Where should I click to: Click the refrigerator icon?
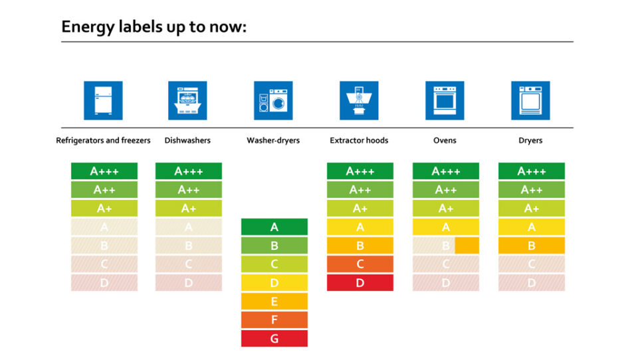[103, 100]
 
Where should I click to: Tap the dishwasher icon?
[187, 100]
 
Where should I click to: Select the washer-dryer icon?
[273, 100]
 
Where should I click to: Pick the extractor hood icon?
[359, 100]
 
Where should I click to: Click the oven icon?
[445, 100]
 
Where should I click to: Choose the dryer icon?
[530, 100]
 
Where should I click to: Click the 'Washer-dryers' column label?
[273, 141]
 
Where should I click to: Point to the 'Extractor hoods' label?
[359, 141]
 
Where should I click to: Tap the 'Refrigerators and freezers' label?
[103, 141]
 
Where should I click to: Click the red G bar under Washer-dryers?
[274, 339]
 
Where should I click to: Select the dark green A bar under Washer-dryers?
[274, 227]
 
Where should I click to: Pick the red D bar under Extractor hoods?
[360, 283]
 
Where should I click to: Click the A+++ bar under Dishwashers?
[189, 171]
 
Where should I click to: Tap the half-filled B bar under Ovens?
[445, 246]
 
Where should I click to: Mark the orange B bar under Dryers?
[531, 246]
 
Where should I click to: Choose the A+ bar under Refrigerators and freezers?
[104, 209]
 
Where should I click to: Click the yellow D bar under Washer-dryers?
[274, 283]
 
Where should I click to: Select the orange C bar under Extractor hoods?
[360, 264]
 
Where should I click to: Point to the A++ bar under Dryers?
[531, 190]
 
